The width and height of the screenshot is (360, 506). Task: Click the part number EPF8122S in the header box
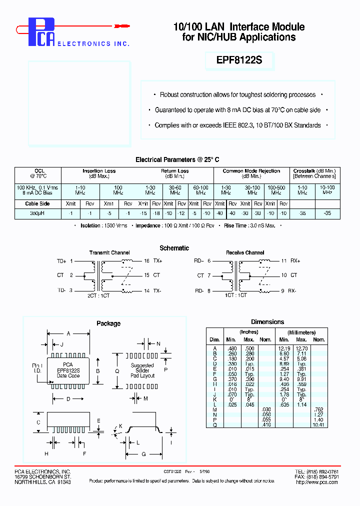pyautogui.click(x=239, y=60)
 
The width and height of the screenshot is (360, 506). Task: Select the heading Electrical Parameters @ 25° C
pyautogui.click(x=177, y=159)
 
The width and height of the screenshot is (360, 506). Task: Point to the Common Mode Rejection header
pyautogui.click(x=251, y=171)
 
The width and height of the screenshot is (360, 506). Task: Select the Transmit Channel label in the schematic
pyautogui.click(x=109, y=252)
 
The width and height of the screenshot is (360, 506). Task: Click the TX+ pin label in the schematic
pyautogui.click(x=157, y=261)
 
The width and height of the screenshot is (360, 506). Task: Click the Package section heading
pyautogui.click(x=108, y=323)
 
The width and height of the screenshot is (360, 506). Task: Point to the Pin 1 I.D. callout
pyautogui.click(x=36, y=368)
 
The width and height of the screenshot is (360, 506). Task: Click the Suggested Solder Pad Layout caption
pyautogui.click(x=142, y=370)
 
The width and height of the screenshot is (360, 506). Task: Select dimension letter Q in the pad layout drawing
pyautogui.click(x=117, y=371)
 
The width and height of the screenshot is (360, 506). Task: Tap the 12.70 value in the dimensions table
pyautogui.click(x=301, y=348)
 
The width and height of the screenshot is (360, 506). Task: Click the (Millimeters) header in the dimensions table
pyautogui.click(x=301, y=332)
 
